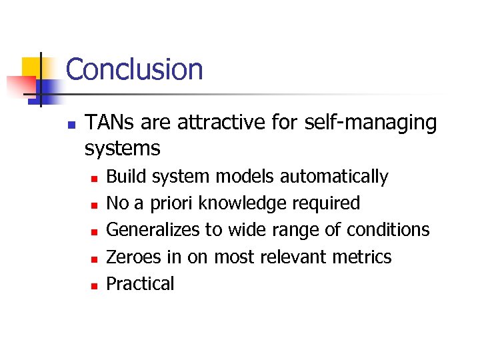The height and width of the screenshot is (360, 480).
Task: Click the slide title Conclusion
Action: tap(134, 69)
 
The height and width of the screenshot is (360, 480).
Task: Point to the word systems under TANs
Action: tap(122, 148)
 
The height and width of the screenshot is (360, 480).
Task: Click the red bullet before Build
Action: tap(95, 178)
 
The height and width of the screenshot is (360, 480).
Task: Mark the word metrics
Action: tap(365, 257)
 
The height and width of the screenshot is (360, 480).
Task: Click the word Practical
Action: tap(140, 283)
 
